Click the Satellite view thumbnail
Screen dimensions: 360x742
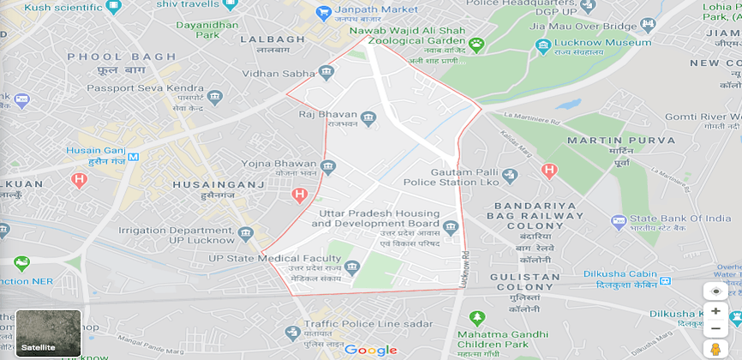(x=49, y=333)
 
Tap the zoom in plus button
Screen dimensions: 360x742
(x=715, y=311)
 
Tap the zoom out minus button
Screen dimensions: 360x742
(x=715, y=329)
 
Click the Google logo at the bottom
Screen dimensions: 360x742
(x=371, y=350)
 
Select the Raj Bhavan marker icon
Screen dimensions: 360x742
(x=368, y=117)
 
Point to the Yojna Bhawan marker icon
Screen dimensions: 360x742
(x=328, y=166)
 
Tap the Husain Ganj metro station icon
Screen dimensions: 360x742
(x=133, y=155)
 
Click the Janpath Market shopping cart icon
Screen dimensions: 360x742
(x=324, y=13)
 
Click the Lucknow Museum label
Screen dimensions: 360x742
(x=602, y=42)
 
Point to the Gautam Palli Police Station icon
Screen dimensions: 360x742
(x=510, y=176)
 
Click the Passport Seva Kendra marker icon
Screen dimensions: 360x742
(x=214, y=96)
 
